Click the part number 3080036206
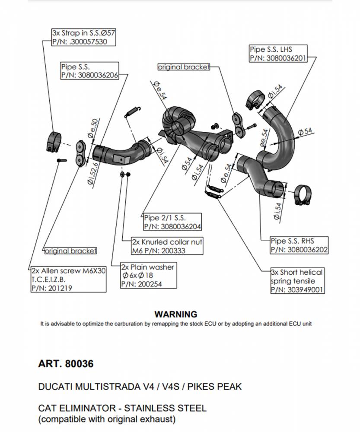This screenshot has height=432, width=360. (99, 75)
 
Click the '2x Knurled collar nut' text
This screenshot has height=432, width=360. (167, 242)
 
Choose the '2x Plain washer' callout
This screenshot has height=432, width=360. (147, 267)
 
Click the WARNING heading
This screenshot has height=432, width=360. (175, 314)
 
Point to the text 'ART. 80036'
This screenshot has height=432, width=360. (66, 364)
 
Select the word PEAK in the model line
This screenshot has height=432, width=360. (227, 386)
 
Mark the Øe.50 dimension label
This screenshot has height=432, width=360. (93, 129)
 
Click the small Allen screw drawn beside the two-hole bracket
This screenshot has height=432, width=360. (61, 160)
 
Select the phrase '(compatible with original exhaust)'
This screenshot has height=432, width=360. (107, 419)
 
